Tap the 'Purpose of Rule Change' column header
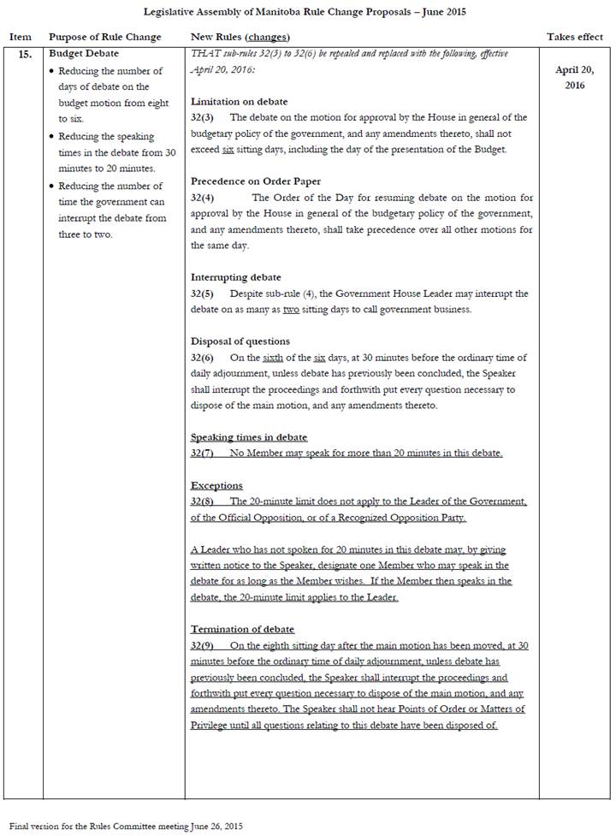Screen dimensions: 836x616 click(x=104, y=38)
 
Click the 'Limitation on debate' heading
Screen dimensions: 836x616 click(x=239, y=102)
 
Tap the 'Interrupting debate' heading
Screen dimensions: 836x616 click(x=235, y=277)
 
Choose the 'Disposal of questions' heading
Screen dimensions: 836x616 click(x=240, y=341)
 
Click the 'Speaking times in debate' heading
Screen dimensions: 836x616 click(x=249, y=437)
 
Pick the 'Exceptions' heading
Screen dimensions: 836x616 click(x=216, y=485)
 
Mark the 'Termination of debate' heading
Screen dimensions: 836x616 click(x=242, y=629)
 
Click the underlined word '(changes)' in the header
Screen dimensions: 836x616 click(x=267, y=38)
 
